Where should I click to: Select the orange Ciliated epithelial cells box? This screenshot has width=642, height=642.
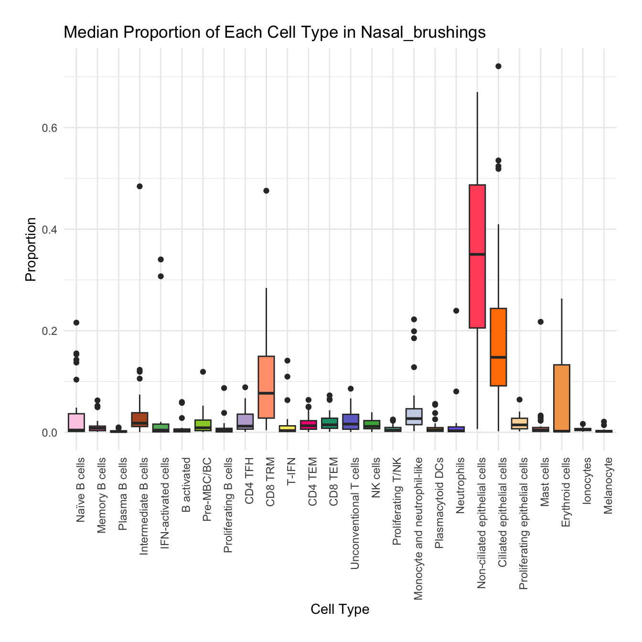pos(498,334)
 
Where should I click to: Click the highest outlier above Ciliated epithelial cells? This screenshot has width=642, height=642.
pos(498,66)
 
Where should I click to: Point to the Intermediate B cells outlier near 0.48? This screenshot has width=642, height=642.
pos(139,186)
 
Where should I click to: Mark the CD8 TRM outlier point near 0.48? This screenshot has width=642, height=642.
pos(266,191)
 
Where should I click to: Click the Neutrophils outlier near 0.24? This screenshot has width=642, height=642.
pos(456,310)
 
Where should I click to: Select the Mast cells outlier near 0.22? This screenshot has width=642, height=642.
pos(540,322)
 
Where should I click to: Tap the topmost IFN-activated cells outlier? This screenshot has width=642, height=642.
pos(161,259)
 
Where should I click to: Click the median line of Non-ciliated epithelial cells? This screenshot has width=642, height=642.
pos(477,254)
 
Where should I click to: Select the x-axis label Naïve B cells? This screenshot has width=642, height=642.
pos(81,490)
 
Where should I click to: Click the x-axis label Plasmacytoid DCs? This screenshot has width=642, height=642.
pos(439,500)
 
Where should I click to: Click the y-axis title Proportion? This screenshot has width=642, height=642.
pos(31,249)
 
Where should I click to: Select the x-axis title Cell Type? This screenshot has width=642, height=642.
pos(340,609)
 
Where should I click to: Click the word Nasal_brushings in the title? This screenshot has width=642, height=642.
pos(423,32)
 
